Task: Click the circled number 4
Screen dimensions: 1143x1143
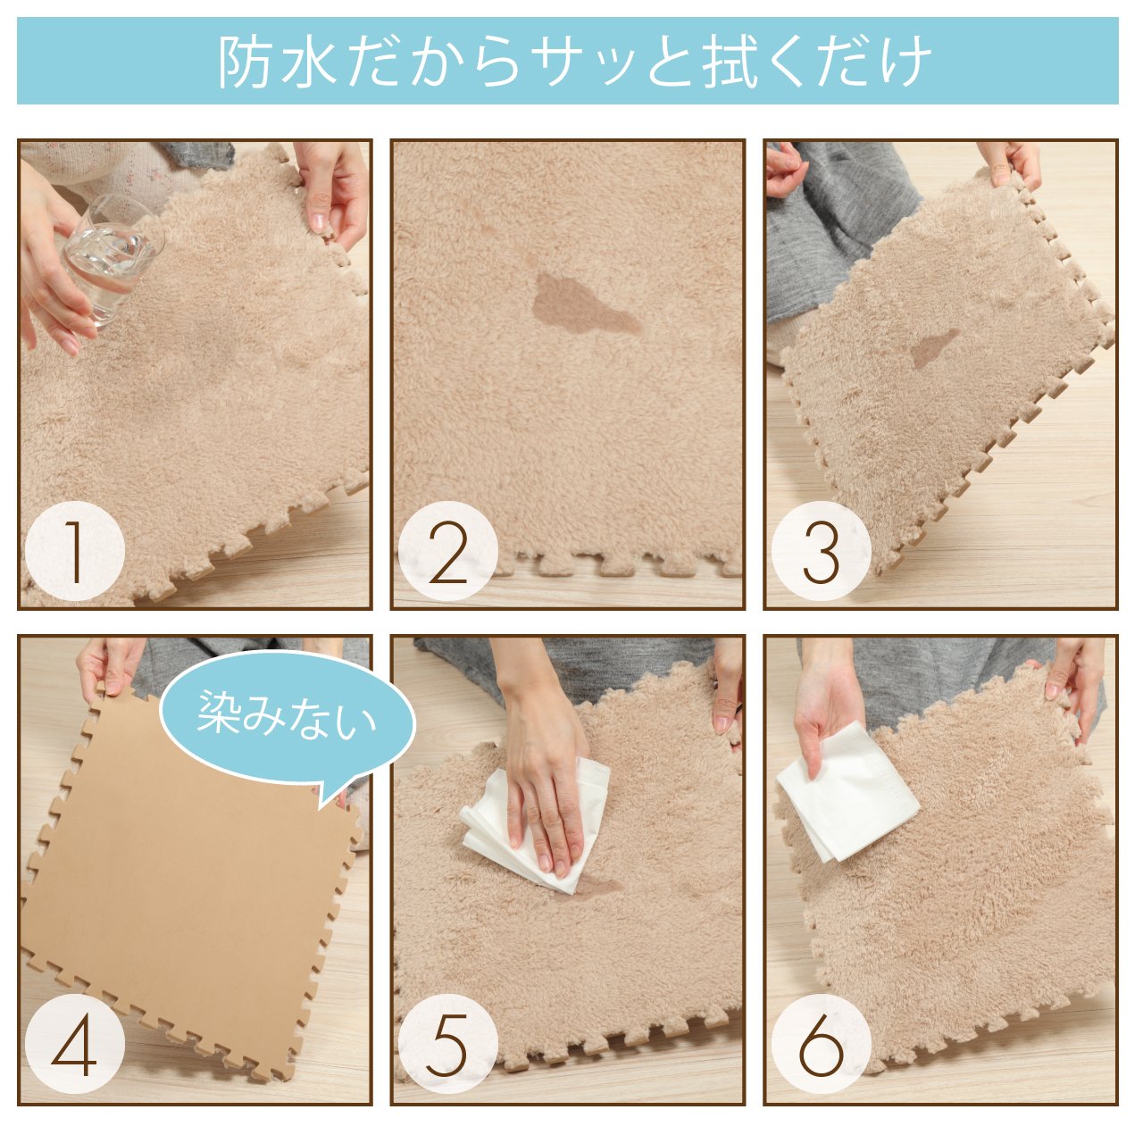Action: tap(75, 1042)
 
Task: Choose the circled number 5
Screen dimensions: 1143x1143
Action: tap(447, 1042)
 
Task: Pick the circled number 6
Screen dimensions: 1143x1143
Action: tap(821, 1042)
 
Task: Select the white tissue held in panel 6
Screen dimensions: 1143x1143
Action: tap(847, 791)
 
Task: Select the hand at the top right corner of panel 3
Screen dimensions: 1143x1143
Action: tap(1009, 160)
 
